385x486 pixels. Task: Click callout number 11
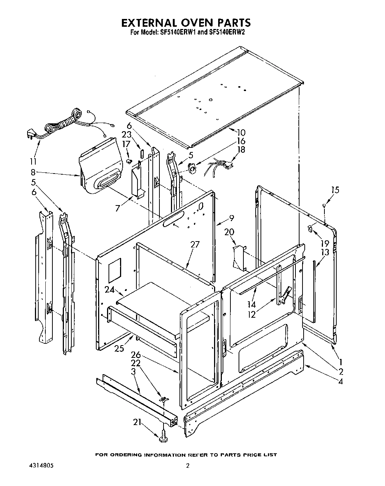tap(33, 162)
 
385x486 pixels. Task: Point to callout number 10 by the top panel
tap(241, 132)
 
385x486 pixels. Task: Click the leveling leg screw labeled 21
tap(163, 438)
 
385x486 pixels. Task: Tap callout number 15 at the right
tap(335, 190)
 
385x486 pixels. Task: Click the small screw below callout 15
tap(324, 205)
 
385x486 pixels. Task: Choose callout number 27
tap(195, 244)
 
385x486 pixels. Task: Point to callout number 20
tap(229, 231)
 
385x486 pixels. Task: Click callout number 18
tap(241, 149)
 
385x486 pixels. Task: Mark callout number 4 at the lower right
tap(341, 381)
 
